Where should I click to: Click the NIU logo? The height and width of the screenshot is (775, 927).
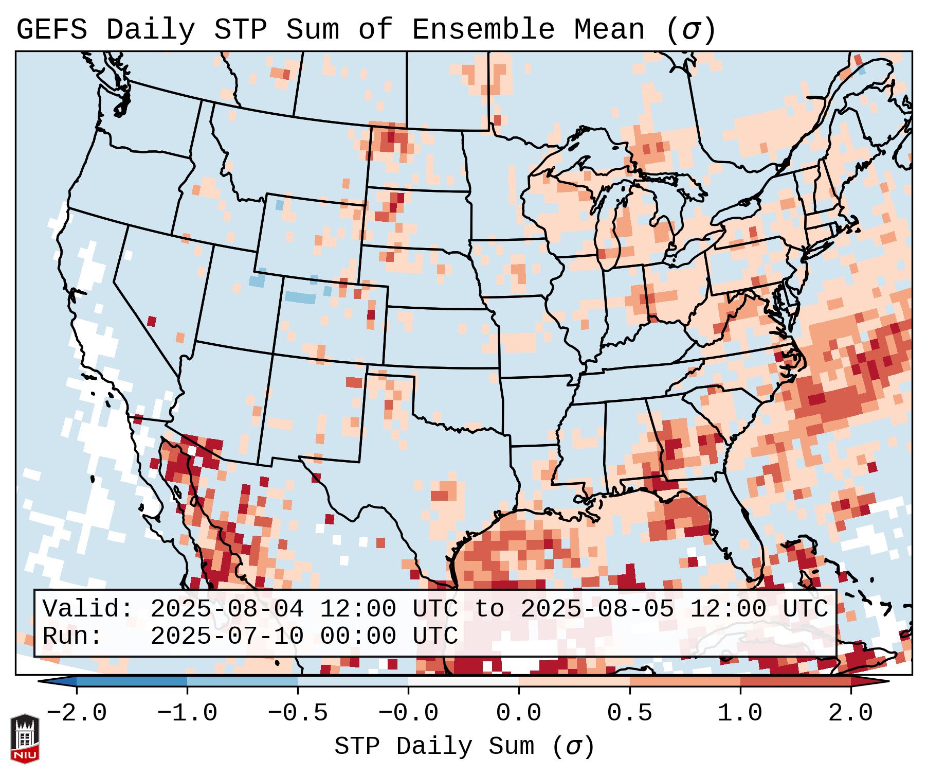(25, 738)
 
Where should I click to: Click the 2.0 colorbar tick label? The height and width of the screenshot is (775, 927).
(850, 713)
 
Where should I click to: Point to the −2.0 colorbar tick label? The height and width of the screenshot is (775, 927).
(77, 713)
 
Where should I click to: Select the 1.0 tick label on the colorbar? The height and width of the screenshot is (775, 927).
(740, 713)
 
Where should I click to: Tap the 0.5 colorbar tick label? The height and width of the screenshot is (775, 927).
(629, 713)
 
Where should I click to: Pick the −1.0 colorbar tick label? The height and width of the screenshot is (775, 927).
(187, 713)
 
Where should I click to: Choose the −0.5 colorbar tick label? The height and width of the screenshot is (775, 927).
(298, 713)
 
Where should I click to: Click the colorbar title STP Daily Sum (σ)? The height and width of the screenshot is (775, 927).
(464, 747)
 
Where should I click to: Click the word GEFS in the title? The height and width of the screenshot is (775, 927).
(51, 30)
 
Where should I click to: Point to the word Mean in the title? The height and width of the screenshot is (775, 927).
(609, 30)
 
